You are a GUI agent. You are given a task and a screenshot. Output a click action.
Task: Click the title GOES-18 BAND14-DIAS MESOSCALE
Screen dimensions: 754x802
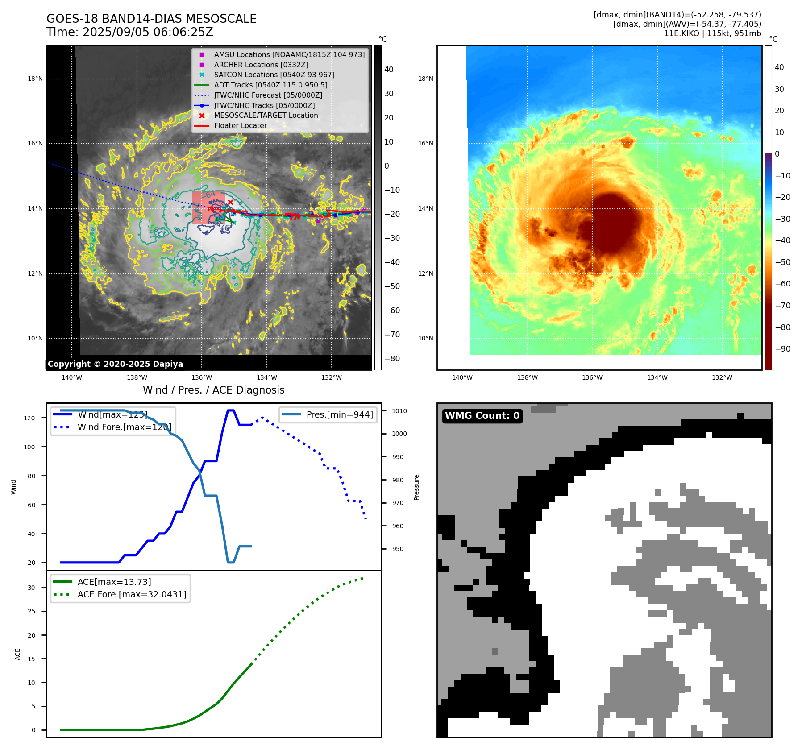click(x=151, y=19)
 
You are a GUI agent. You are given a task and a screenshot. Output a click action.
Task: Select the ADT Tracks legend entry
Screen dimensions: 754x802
click(x=270, y=85)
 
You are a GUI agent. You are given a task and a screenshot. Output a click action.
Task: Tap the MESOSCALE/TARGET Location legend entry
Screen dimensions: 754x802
click(x=266, y=115)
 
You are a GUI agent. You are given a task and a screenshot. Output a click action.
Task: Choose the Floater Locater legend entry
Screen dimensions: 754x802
click(x=240, y=125)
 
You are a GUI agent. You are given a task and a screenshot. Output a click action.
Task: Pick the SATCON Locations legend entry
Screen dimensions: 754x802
click(x=274, y=75)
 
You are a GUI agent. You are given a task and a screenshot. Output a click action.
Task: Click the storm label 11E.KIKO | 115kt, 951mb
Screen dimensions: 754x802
click(x=712, y=33)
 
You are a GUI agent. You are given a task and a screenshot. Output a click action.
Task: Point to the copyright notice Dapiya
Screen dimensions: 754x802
click(x=115, y=364)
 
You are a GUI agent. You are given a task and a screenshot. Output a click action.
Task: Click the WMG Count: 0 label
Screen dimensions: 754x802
click(x=482, y=416)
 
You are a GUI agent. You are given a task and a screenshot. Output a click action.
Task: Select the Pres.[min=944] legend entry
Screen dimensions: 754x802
click(x=339, y=414)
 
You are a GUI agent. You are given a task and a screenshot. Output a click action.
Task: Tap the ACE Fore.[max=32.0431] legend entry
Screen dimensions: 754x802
click(x=132, y=594)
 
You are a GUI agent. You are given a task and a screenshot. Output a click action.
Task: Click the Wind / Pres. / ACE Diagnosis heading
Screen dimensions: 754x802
click(x=213, y=390)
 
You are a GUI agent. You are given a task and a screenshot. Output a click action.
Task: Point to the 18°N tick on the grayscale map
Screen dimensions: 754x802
click(x=35, y=79)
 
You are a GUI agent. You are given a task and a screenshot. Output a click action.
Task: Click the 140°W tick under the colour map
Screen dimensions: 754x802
click(x=462, y=377)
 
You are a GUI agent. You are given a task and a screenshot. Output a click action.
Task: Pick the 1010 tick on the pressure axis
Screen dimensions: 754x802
click(x=399, y=411)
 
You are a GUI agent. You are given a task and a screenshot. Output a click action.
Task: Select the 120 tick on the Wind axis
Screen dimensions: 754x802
click(x=29, y=418)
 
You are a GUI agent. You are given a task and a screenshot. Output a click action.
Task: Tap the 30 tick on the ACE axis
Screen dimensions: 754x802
click(x=31, y=588)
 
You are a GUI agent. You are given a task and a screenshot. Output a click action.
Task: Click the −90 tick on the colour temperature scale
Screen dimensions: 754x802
click(x=782, y=349)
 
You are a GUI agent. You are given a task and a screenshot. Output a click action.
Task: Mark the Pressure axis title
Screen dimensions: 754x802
click(x=416, y=487)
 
